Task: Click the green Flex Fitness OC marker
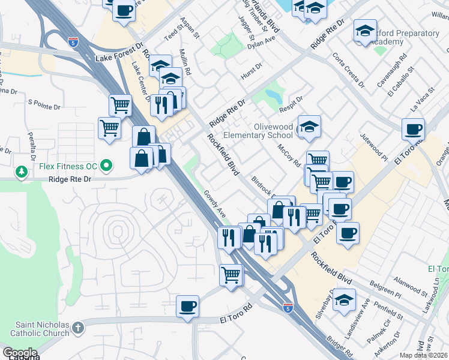(107, 164)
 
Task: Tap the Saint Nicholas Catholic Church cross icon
(79, 328)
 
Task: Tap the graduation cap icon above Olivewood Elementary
(309, 126)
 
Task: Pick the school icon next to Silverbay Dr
(345, 299)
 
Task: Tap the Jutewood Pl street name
(375, 146)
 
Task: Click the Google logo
(19, 353)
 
